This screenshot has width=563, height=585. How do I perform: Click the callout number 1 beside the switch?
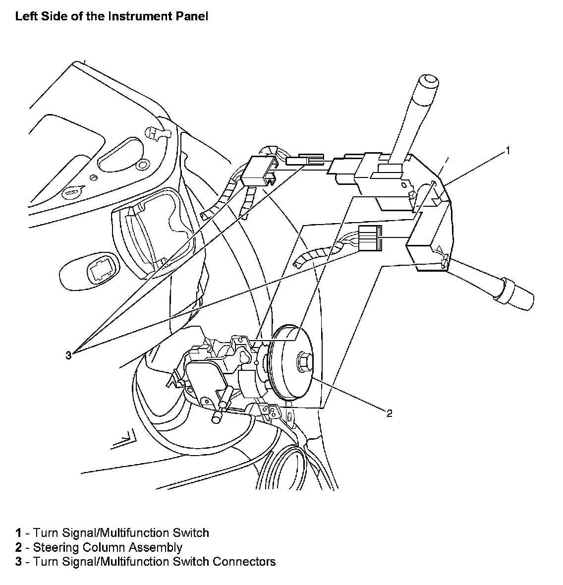(507, 151)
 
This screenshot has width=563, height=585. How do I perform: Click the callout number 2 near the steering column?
(389, 413)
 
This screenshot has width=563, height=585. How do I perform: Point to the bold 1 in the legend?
(18, 533)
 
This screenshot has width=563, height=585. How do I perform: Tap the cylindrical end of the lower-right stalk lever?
(518, 296)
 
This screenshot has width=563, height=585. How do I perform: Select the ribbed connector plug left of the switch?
(370, 238)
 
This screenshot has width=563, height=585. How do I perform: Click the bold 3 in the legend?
(18, 562)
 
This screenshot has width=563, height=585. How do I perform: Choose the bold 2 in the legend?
(18, 547)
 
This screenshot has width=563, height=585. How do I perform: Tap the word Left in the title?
(25, 16)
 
